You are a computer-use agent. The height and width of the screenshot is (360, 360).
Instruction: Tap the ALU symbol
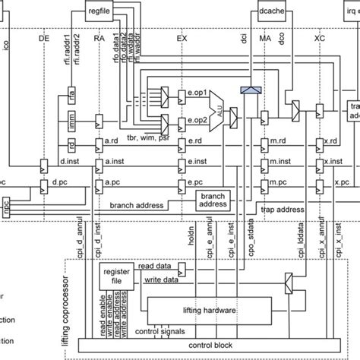[215, 106]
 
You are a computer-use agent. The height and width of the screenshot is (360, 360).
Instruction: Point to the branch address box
[215, 199]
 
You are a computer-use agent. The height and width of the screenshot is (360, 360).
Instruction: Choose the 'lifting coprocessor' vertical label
[72, 304]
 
